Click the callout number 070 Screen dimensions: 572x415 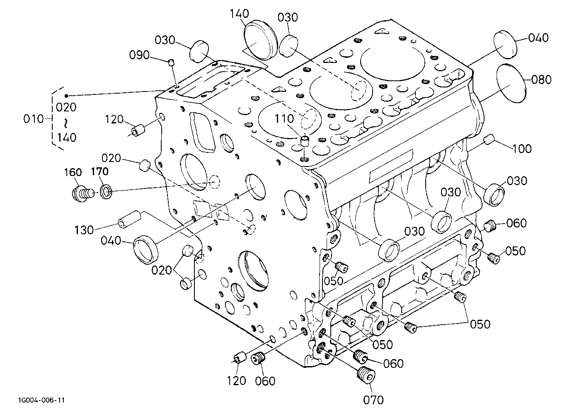pos(373,400)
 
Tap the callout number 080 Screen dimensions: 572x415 pos(541,80)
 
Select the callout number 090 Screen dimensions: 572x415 pos(139,55)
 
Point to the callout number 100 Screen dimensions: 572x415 pos(521,149)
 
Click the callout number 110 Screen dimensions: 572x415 pos(284,119)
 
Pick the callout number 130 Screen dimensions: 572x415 pos(84,230)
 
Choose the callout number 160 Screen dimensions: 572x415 pos(73,172)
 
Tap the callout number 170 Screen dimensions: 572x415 pos(100,171)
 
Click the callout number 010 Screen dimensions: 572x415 pos(34,119)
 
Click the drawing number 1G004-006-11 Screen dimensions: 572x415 pos(41,400)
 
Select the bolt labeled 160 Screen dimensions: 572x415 pos(82,193)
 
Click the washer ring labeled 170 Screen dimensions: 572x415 pos(106,192)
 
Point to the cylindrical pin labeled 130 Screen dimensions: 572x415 pos(129,220)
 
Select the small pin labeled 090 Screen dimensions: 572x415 pos(172,62)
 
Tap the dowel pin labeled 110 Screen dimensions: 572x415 pos(305,141)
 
